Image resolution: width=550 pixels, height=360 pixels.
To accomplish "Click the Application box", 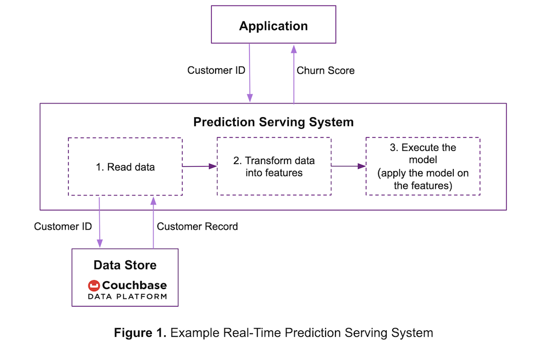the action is (273, 25).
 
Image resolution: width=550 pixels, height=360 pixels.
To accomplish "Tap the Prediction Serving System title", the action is (273, 122).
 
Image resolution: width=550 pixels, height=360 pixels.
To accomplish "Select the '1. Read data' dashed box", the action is (125, 166).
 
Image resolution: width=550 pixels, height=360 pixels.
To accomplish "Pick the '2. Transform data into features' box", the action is (274, 166).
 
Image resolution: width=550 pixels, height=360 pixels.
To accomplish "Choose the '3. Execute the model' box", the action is (422, 166).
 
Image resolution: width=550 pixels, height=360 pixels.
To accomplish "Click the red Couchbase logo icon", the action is (94, 286).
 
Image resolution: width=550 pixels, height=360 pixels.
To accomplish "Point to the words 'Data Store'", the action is (125, 265).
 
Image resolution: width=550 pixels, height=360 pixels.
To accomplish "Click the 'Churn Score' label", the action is (326, 70).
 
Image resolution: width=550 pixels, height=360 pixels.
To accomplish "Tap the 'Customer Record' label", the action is (197, 227).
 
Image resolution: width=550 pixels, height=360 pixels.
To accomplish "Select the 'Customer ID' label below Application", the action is (216, 70).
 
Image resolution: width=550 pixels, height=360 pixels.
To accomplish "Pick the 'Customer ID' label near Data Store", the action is (63, 227).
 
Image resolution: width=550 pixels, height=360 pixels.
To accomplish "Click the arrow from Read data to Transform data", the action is (200, 166).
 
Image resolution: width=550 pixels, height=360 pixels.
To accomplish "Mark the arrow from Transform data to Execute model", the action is (348, 166).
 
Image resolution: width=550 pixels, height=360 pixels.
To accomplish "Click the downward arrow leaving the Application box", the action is (249, 73).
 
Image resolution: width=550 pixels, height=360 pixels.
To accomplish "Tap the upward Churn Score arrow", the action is (294, 74).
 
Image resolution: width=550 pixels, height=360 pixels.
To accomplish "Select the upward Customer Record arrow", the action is (153, 223).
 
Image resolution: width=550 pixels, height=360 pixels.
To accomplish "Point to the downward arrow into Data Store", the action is (100, 222).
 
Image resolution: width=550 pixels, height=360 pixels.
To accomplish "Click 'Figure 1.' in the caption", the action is (140, 332).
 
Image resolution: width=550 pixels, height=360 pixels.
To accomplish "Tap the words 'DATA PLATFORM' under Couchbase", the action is (128, 297).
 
